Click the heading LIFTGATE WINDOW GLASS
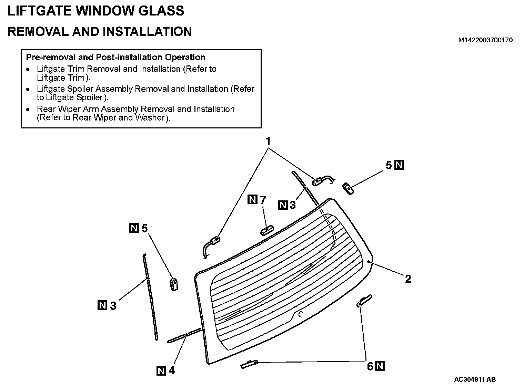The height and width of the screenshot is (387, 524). tap(96, 11)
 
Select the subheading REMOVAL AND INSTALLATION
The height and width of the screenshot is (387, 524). tap(100, 31)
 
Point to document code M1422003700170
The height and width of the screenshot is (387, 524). tap(485, 40)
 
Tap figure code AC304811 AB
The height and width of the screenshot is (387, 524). tap(475, 379)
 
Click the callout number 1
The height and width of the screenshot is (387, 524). tap(268, 142)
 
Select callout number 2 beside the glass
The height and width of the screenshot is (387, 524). tap(408, 279)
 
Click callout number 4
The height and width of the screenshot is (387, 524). tap(171, 371)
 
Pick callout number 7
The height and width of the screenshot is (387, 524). tap(263, 200)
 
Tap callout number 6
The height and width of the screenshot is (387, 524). tap(370, 366)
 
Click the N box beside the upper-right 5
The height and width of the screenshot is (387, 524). tap(399, 165)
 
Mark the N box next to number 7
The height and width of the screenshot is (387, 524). tap(253, 199)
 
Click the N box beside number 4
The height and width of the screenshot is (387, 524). tap(161, 371)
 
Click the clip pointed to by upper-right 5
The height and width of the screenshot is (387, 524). tap(348, 188)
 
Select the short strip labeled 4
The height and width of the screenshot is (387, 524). tap(184, 336)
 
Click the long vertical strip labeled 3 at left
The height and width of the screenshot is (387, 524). tap(150, 296)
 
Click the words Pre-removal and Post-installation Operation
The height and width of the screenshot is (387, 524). tap(115, 57)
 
